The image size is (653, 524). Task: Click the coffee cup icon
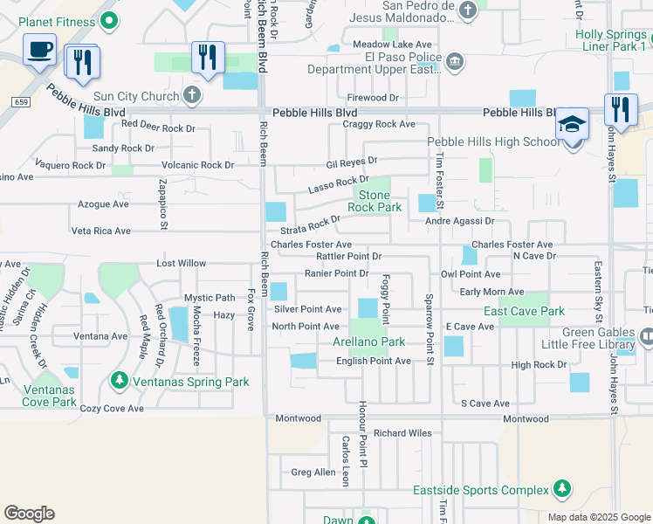(x=39, y=50)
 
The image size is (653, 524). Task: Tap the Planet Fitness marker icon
(x=108, y=19)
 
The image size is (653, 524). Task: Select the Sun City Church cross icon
(x=192, y=94)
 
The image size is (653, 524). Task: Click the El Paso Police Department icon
(x=454, y=62)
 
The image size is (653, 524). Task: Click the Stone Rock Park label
(x=375, y=201)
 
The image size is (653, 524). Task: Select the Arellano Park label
(x=369, y=341)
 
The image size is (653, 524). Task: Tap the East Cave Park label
(x=525, y=311)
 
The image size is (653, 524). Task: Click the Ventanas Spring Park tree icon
(x=120, y=381)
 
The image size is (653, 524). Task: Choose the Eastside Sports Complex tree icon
(x=563, y=490)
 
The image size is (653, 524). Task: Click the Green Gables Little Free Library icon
(x=646, y=336)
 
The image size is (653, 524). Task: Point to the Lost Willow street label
(x=181, y=263)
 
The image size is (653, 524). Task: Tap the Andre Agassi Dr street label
(x=459, y=222)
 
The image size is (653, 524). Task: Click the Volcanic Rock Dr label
(x=198, y=164)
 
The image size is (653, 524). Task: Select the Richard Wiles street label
(x=402, y=432)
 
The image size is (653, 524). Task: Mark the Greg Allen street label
(x=313, y=472)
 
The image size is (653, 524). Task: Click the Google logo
(x=29, y=514)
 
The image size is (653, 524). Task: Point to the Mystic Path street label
(x=209, y=298)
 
